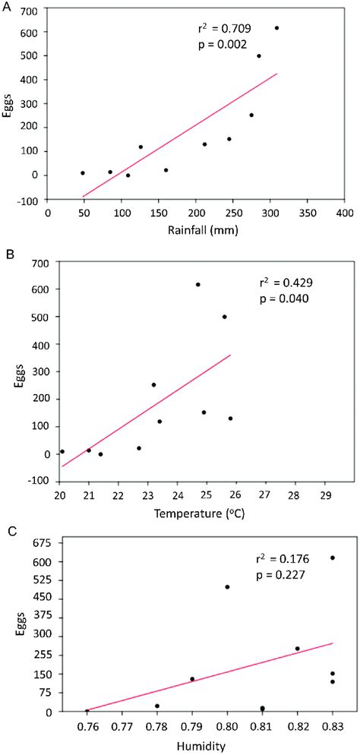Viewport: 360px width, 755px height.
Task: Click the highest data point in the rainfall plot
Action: point(276,28)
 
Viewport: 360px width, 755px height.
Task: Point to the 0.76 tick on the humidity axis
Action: point(87,725)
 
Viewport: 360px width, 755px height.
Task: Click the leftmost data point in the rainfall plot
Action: point(83,173)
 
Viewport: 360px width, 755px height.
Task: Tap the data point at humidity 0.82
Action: point(297,649)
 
